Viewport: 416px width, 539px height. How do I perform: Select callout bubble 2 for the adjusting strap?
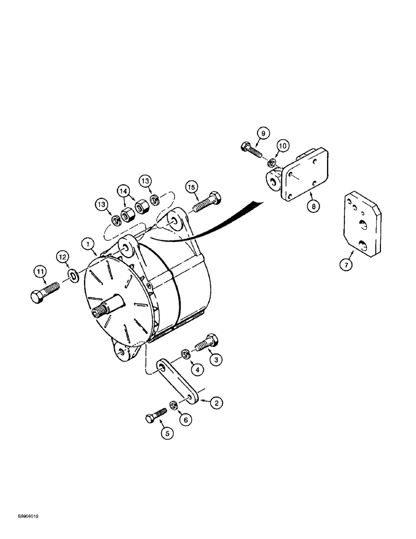[216, 402]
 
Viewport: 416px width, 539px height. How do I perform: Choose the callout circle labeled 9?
[262, 133]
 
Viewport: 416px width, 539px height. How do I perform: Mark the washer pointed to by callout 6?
[174, 405]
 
